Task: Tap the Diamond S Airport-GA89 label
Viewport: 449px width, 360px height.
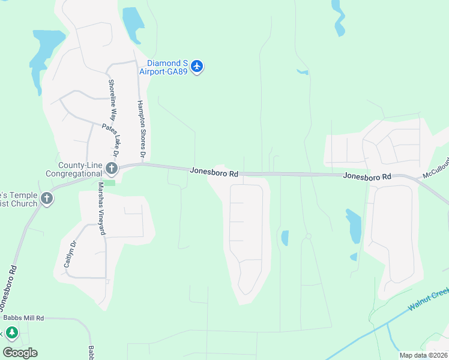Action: click(164, 67)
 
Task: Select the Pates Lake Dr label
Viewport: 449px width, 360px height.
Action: click(112, 138)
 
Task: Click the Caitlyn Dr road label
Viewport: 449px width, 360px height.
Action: click(74, 254)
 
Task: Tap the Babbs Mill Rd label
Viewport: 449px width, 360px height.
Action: click(24, 317)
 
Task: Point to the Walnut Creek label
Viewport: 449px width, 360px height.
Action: click(429, 298)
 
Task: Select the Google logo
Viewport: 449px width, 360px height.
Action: click(20, 353)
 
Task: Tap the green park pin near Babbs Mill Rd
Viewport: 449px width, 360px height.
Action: click(11, 332)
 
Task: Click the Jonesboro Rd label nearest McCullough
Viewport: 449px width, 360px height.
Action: click(367, 176)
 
